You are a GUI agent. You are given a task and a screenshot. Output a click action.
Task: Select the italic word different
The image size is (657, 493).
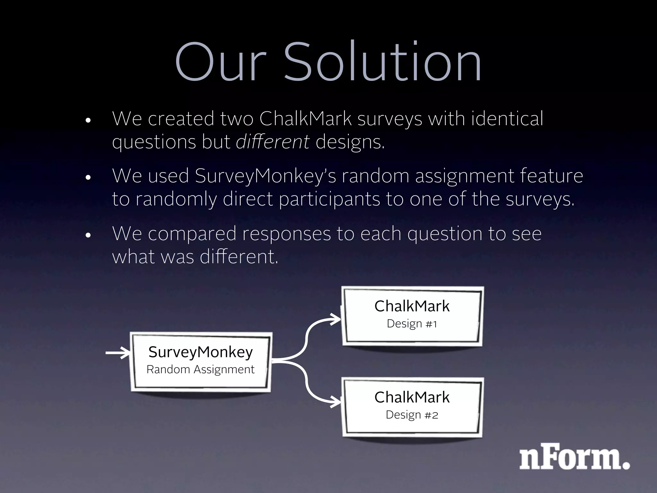tap(273, 142)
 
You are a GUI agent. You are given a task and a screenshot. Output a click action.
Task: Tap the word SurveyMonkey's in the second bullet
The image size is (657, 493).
tap(265, 176)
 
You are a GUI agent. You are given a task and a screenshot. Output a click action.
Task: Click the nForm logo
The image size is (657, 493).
tap(574, 456)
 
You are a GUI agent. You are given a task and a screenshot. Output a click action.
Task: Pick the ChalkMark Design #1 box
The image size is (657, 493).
tap(413, 316)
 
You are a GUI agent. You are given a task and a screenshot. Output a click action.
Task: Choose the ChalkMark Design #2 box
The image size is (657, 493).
tap(413, 407)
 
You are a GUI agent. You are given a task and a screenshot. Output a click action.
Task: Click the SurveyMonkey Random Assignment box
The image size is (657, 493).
tap(201, 361)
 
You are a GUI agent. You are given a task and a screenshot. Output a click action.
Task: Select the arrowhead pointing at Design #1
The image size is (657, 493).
tap(336, 320)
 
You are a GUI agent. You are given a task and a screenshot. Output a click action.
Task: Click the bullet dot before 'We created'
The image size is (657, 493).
tap(89, 121)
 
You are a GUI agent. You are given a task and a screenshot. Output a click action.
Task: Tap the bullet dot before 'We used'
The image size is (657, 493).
tap(89, 178)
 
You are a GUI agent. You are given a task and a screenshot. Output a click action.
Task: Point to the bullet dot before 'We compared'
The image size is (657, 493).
tap(89, 236)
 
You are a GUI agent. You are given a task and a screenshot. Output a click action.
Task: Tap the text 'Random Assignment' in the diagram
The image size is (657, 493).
tap(201, 369)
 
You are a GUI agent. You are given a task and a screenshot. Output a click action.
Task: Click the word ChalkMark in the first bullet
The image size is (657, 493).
tap(305, 118)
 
